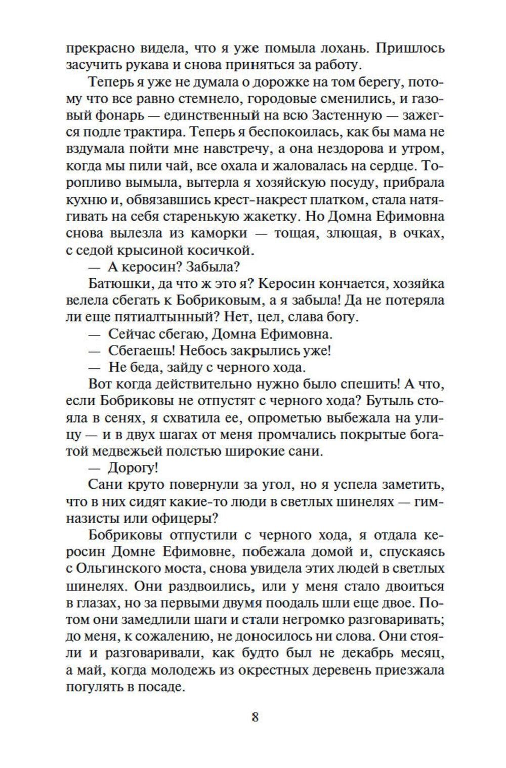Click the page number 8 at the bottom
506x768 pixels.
[x=255, y=717]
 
